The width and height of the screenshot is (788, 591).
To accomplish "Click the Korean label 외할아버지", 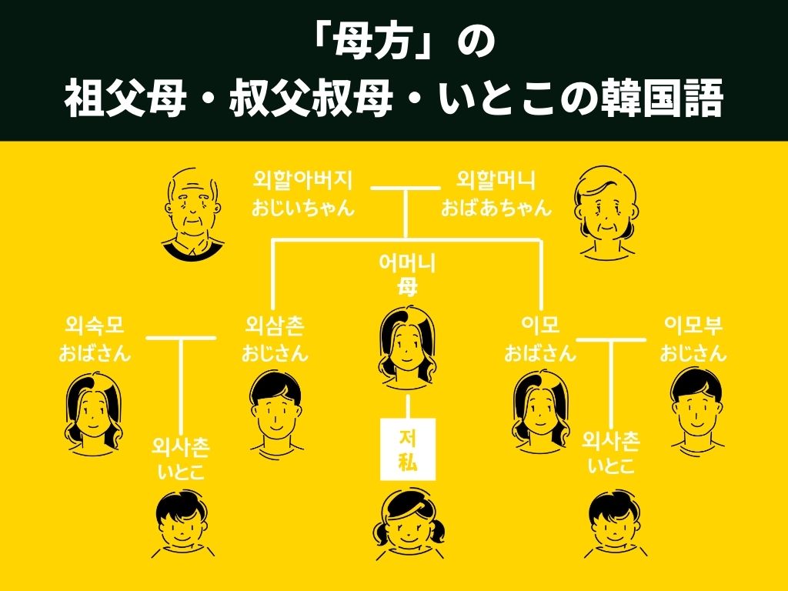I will tap(303, 180).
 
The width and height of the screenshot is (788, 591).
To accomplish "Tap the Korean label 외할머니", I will tap(496, 180).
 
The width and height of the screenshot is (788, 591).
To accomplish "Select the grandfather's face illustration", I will tap(191, 212).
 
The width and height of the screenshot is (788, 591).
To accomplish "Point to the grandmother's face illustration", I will tap(604, 212).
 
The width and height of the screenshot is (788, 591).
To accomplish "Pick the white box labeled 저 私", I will tap(408, 449).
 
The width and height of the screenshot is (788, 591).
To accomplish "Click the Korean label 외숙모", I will tap(95, 326).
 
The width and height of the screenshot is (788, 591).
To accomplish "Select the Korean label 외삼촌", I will tap(275, 326).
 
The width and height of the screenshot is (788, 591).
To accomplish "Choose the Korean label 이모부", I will tap(694, 326).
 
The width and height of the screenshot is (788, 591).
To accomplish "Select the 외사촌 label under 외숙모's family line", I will tap(181, 446).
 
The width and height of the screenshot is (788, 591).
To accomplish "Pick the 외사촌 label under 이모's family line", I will tap(611, 440).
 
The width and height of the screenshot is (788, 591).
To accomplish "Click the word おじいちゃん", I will tap(303, 208).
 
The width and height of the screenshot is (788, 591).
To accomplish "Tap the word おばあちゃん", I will tap(496, 208).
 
